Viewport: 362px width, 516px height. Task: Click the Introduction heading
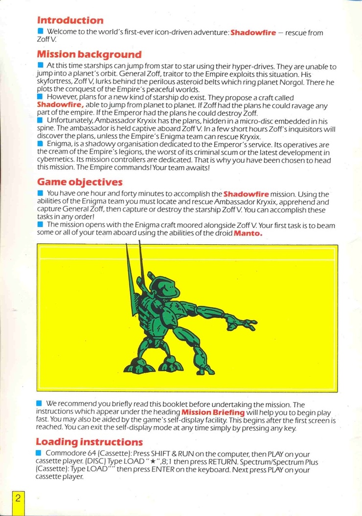pos(70,21)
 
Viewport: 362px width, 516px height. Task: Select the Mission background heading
pos(89,54)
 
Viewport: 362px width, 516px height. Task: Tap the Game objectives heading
pos(79,182)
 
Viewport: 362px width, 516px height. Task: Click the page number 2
pos(18,499)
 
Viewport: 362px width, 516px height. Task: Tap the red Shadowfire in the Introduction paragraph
pos(253,33)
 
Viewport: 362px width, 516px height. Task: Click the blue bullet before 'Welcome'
pos(41,32)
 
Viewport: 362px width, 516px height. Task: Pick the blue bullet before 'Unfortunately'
pos(41,120)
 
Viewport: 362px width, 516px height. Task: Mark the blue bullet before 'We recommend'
pos(41,404)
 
